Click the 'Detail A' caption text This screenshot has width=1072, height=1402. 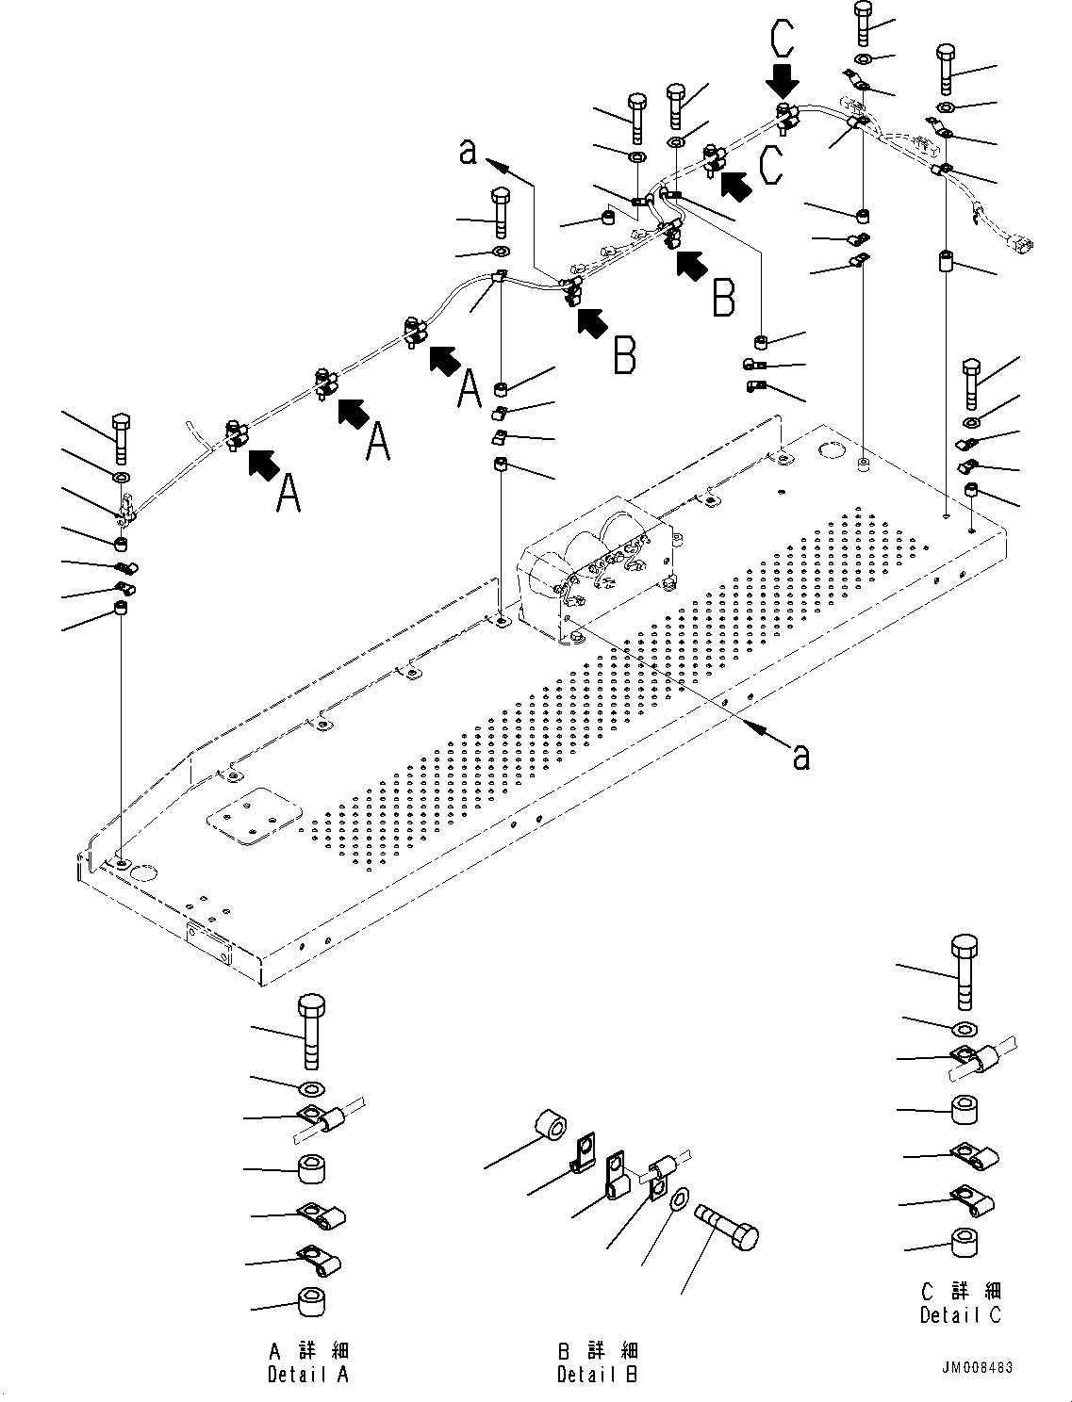308,1375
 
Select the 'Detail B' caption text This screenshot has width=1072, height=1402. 598,1375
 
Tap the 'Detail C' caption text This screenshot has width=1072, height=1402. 961,1314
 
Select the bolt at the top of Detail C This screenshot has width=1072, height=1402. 964,970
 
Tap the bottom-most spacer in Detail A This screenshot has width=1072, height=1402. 312,1302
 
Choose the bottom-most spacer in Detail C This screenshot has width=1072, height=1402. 964,1243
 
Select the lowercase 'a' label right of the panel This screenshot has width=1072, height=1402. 800,755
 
